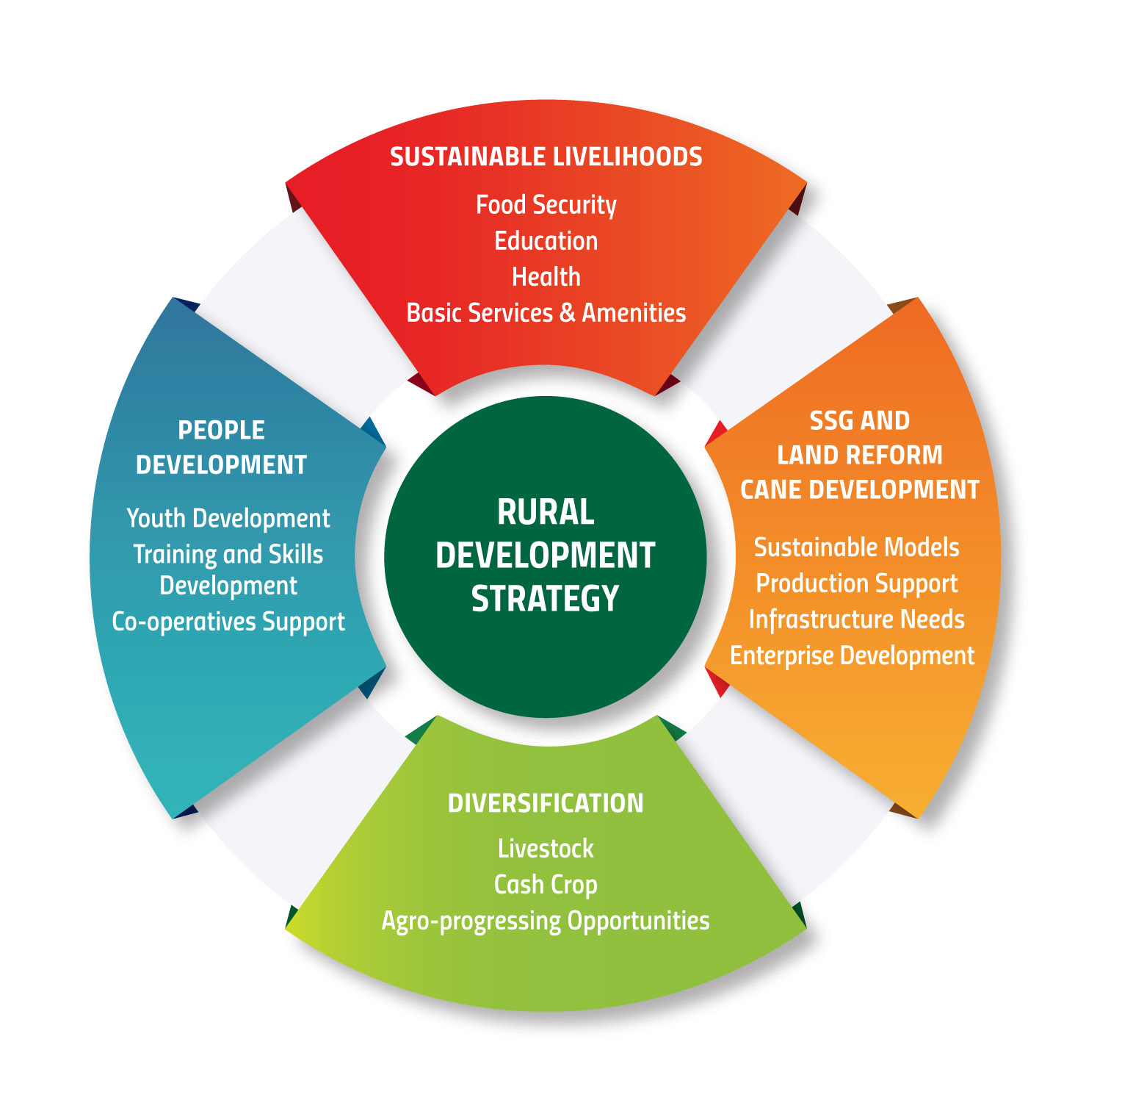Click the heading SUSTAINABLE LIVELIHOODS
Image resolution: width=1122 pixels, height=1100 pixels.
coord(546,157)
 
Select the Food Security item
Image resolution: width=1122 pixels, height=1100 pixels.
coord(546,205)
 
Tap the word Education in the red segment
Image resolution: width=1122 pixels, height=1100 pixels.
coord(546,241)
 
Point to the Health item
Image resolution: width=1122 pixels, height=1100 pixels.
coord(546,277)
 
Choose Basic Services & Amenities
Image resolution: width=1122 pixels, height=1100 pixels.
coord(546,313)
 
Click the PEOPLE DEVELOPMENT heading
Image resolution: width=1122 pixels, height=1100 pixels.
coord(221,447)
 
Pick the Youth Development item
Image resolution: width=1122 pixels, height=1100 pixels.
coord(228,519)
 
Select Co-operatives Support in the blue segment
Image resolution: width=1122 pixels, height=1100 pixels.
coord(228,622)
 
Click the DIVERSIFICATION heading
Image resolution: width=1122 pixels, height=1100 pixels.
coord(546,803)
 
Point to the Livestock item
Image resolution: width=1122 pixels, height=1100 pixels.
coord(546,849)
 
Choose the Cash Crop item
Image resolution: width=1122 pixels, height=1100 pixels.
coord(546,885)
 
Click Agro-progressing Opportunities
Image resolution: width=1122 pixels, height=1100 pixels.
coord(546,921)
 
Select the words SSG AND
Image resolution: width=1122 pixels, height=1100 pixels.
coord(859,421)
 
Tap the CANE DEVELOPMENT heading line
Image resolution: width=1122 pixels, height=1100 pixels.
coord(859,490)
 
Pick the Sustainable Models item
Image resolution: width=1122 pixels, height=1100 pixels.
coord(856,547)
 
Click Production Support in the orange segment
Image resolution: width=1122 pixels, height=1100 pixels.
coord(856,583)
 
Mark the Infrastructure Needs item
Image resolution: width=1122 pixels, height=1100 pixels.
coord(856,619)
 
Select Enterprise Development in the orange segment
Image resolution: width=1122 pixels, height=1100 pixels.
coord(852,655)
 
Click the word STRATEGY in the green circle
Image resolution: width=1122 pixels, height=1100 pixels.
coord(546,599)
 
